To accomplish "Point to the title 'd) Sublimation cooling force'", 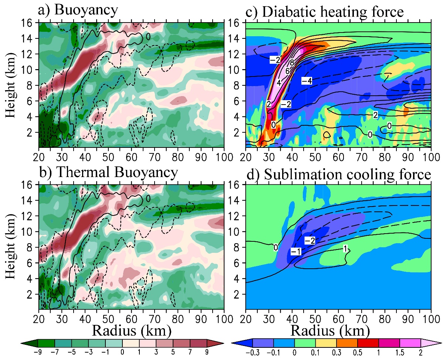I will coord(338,173).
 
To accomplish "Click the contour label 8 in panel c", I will coord(292,62).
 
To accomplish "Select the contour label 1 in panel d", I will coord(345,249).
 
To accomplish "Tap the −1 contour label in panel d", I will coord(295,251).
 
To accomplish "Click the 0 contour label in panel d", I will coord(275,248).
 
